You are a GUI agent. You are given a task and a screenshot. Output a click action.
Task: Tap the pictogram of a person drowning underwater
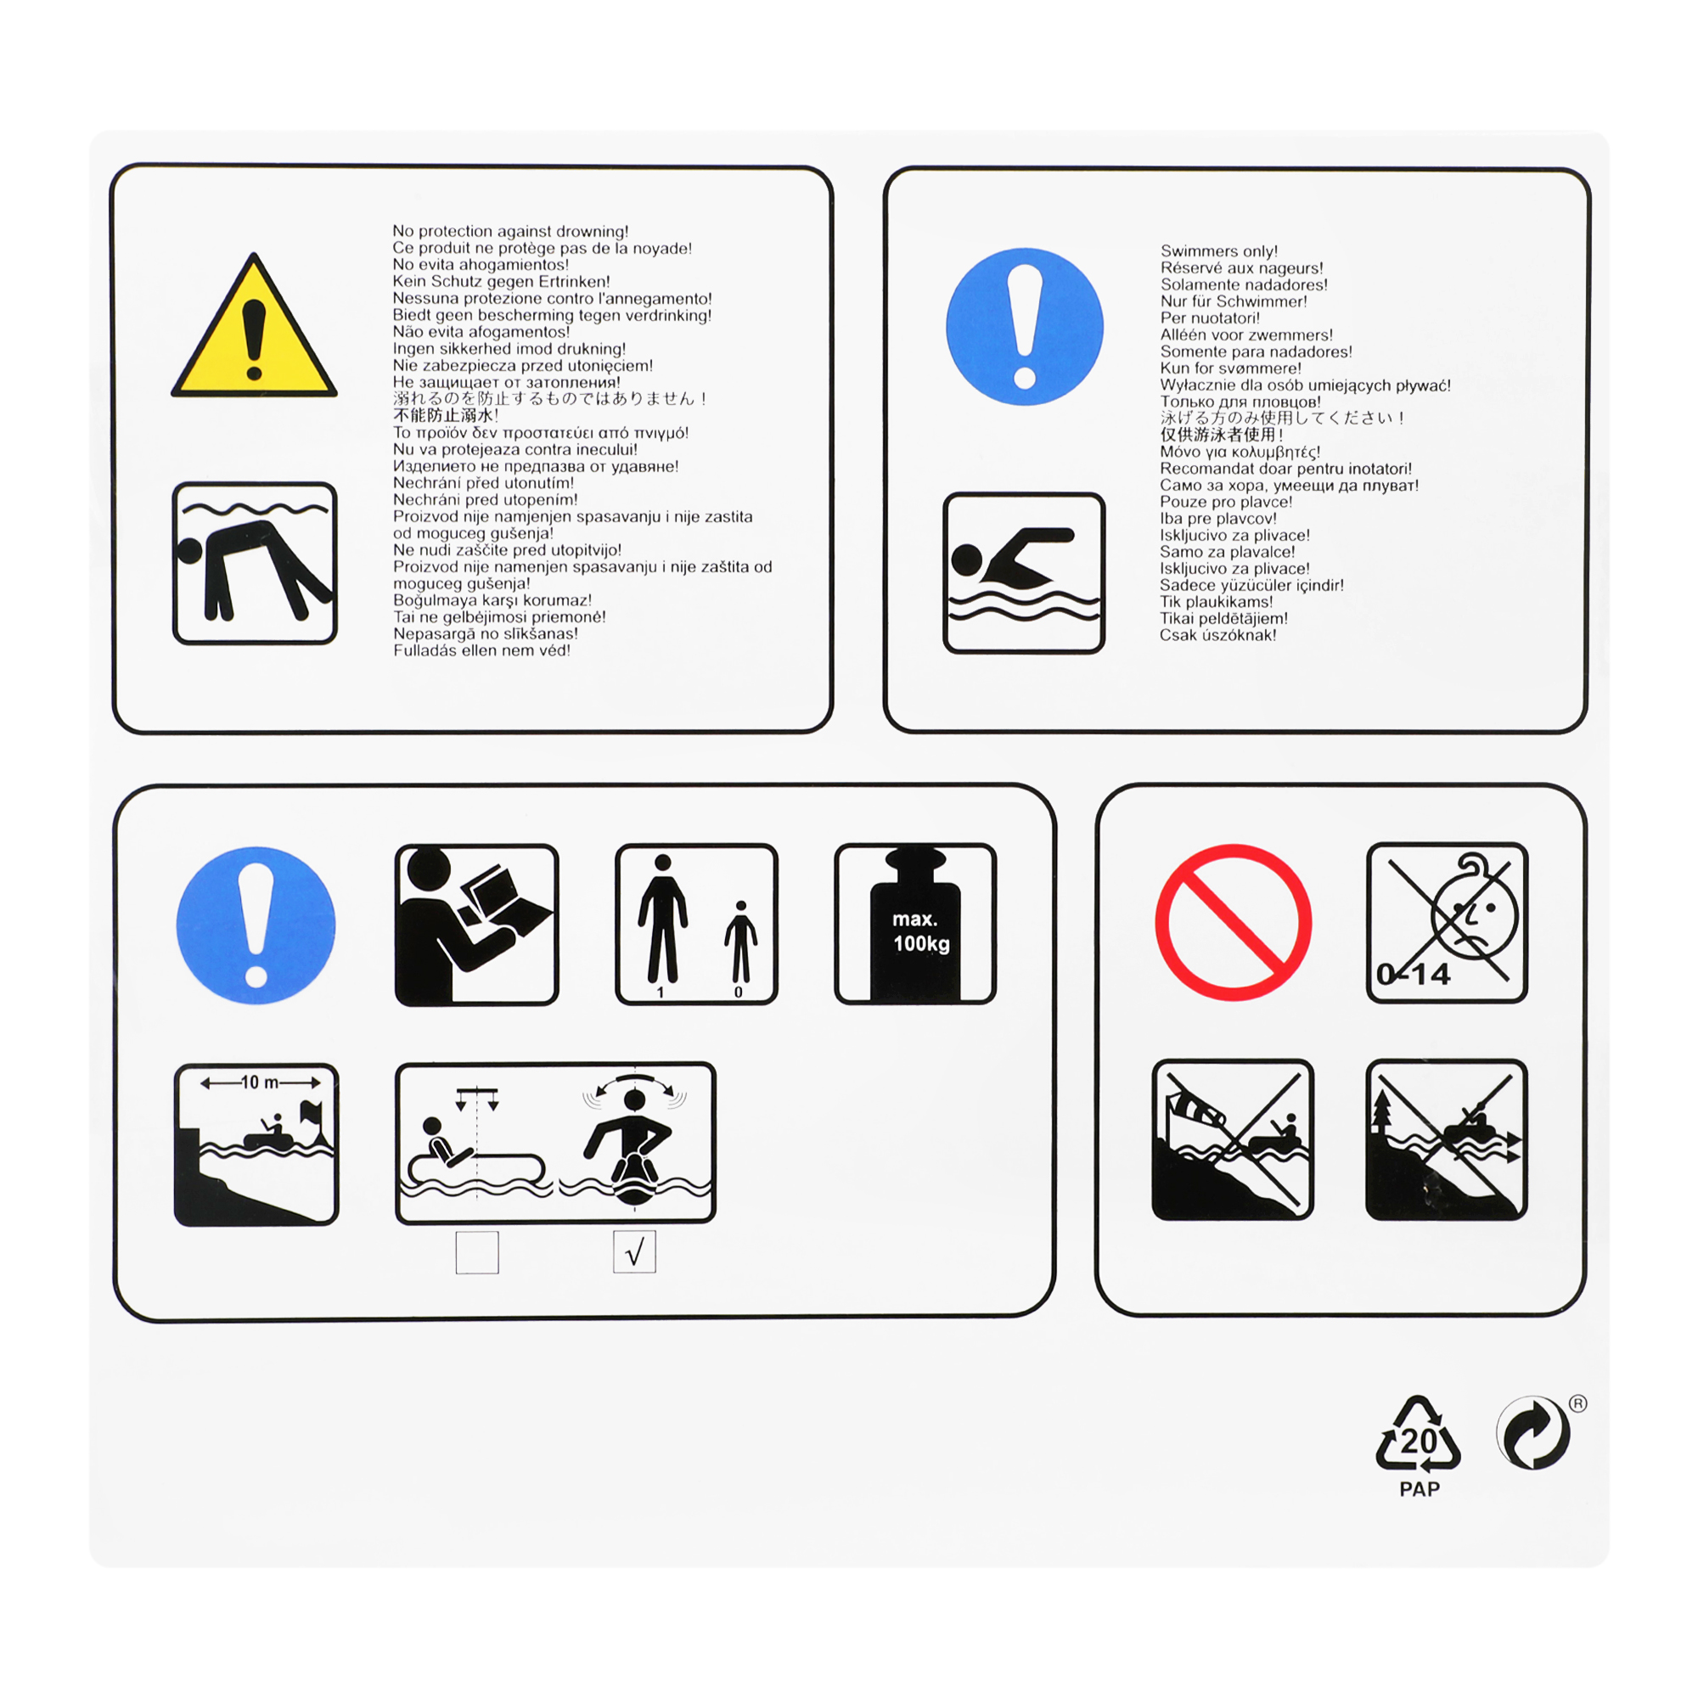255,564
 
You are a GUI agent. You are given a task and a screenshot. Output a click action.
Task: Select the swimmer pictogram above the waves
1024,573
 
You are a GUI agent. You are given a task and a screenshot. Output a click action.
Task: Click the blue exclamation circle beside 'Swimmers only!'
1025,327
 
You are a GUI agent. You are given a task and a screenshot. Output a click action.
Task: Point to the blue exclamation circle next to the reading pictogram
256,925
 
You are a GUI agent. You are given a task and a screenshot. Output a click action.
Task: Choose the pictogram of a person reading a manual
476,925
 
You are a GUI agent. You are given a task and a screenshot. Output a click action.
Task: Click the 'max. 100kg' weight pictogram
915,924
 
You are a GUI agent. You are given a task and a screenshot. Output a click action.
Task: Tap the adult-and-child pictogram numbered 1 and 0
696,924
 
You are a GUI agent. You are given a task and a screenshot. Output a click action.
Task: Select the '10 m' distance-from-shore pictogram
256,1144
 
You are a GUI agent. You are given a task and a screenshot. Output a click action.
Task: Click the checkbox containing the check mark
633,1251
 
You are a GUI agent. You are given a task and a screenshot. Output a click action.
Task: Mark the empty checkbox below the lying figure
477,1251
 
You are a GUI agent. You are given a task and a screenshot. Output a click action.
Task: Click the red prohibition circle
1233,923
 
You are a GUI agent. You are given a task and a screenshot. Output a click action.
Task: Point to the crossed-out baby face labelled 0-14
1447,923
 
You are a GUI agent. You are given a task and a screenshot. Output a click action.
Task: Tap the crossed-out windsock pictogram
1232,1139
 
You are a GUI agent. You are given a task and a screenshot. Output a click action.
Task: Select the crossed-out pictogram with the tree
1447,1139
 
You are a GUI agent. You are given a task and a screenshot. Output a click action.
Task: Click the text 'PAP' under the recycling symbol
1420,1489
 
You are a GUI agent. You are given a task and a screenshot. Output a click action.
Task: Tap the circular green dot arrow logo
1532,1432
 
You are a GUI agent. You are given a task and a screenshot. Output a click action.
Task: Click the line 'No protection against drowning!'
510,231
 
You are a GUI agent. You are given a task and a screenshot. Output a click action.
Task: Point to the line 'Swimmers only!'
1219,251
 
